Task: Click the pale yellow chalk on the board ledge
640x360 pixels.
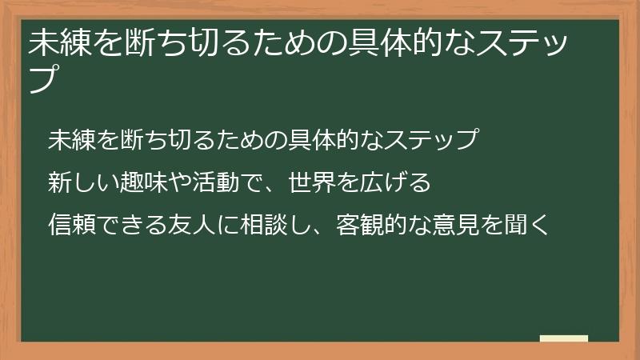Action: [564, 338]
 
